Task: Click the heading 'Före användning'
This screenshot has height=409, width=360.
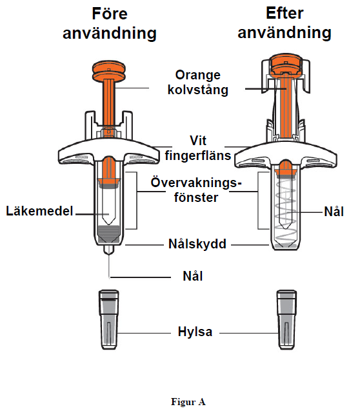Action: (x=110, y=23)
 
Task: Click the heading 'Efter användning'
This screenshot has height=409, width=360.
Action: (x=285, y=23)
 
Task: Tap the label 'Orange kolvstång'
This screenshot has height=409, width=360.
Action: (x=197, y=83)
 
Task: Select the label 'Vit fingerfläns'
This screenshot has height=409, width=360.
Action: (x=198, y=148)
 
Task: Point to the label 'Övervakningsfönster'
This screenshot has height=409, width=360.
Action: (x=196, y=190)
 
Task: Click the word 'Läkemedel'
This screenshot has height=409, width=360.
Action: (x=39, y=211)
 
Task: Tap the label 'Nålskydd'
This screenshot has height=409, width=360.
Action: (x=197, y=244)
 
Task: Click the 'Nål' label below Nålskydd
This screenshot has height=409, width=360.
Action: (x=193, y=276)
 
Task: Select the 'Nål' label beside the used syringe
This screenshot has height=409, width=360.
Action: (x=334, y=212)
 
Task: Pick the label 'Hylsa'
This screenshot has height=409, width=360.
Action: (x=195, y=332)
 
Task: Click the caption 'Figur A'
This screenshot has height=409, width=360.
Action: (x=188, y=402)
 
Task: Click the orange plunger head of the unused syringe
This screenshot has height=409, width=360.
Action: (x=109, y=71)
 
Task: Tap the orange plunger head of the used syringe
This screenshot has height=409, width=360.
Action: (x=286, y=64)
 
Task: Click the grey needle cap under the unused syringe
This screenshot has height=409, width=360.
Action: (x=109, y=319)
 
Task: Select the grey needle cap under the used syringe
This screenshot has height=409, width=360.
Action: (x=286, y=319)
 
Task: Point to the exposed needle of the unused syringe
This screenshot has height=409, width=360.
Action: (x=109, y=266)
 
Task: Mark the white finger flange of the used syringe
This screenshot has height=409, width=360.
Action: (x=286, y=155)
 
